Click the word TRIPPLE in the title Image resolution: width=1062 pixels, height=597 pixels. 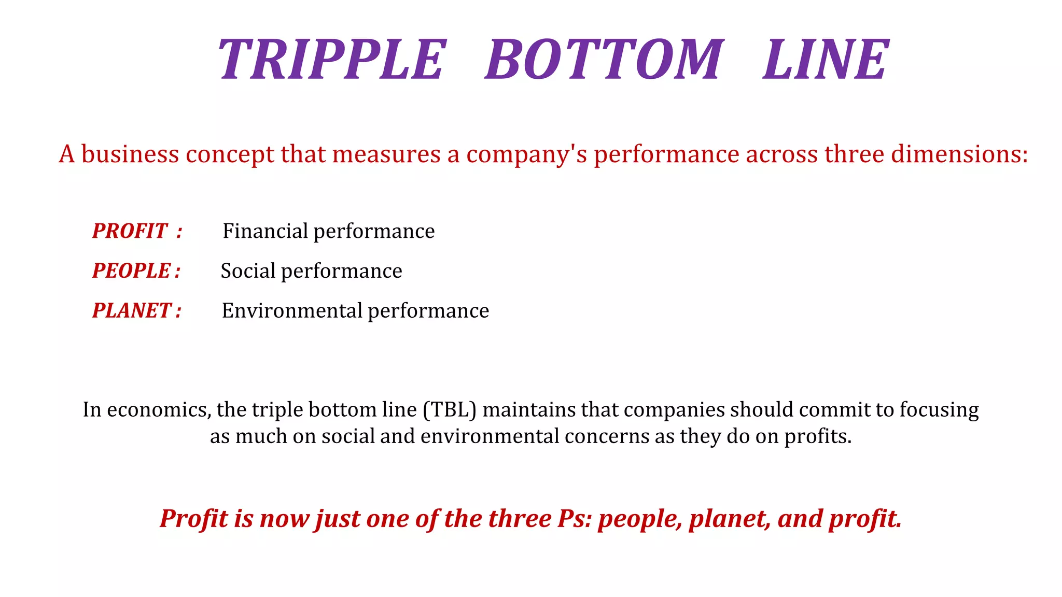pyautogui.click(x=332, y=60)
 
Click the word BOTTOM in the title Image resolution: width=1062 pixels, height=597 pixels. pyautogui.click(x=604, y=60)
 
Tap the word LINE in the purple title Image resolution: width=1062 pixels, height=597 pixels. pyautogui.click(x=826, y=60)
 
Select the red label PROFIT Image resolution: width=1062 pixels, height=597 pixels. pyautogui.click(x=130, y=231)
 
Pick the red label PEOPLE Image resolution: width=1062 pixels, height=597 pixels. pyautogui.click(x=132, y=271)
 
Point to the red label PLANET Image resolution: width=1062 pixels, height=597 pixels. pyautogui.click(x=132, y=311)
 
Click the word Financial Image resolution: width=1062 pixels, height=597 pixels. pyautogui.click(x=265, y=231)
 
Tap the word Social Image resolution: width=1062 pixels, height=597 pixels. pyautogui.click(x=248, y=271)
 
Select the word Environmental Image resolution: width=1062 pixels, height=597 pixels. pyautogui.click(x=292, y=311)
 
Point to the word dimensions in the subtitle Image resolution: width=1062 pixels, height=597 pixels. pyautogui.click(x=956, y=154)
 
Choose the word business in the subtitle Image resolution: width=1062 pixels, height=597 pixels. pyautogui.click(x=130, y=154)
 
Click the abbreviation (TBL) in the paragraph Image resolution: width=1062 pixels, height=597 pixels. pyautogui.click(x=450, y=410)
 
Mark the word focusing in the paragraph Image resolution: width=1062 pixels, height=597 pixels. pyautogui.click(x=939, y=410)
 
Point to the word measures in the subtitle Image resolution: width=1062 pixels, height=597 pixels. pyautogui.click(x=386, y=154)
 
